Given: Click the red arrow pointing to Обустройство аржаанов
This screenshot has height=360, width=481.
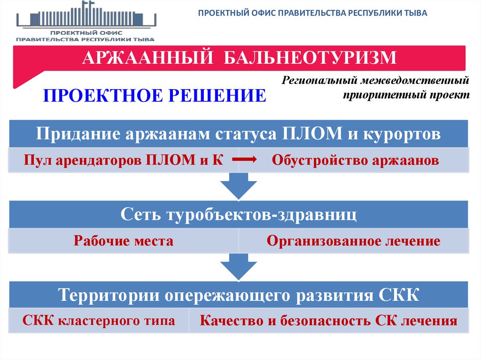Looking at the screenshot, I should click(x=244, y=161).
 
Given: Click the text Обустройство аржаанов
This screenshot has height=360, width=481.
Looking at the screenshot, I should click(x=356, y=161).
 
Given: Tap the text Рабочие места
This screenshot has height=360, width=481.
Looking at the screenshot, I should click(x=124, y=241).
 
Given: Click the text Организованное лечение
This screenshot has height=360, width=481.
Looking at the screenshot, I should click(x=353, y=241).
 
